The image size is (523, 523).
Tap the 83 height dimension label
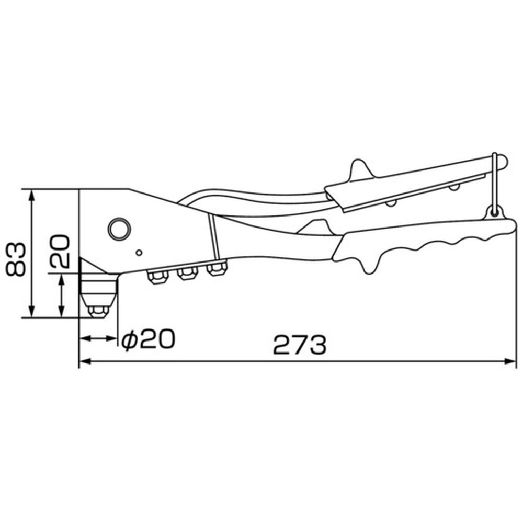[x=16, y=259]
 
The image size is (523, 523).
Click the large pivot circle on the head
[x=119, y=229]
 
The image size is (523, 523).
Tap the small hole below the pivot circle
[x=140, y=253]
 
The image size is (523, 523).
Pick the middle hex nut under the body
[x=187, y=273]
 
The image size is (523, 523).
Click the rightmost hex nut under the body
[x=217, y=269]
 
